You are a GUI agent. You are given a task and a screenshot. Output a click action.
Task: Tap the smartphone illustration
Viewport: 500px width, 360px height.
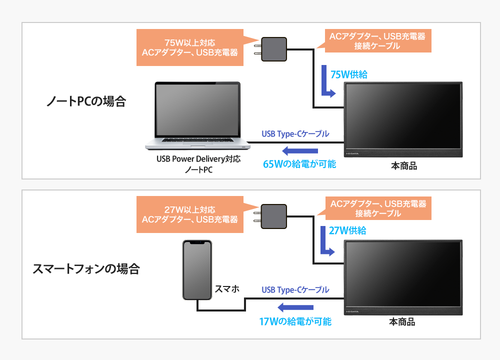coord(197,270)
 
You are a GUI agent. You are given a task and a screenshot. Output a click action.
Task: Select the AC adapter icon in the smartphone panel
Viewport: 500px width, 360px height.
coord(274,215)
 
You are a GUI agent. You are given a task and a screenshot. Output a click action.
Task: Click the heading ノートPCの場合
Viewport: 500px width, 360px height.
coord(85,102)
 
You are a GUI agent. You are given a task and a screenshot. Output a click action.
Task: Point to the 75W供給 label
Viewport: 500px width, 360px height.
coord(349,74)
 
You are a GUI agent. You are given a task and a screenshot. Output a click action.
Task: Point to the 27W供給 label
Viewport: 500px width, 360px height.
coord(348,230)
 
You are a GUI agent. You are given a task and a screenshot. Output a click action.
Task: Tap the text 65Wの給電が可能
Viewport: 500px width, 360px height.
coord(299,164)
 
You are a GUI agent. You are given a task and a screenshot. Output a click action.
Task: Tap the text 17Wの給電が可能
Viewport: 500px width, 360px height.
coord(295,321)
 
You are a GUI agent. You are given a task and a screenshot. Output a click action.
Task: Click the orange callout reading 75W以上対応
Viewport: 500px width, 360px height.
coord(190,47)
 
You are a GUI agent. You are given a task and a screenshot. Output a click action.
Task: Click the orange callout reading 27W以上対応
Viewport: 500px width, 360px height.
coord(190,214)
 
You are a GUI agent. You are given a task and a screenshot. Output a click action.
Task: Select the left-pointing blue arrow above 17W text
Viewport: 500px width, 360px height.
coord(295,307)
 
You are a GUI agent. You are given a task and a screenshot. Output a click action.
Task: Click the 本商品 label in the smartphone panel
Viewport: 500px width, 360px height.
coord(403,322)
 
